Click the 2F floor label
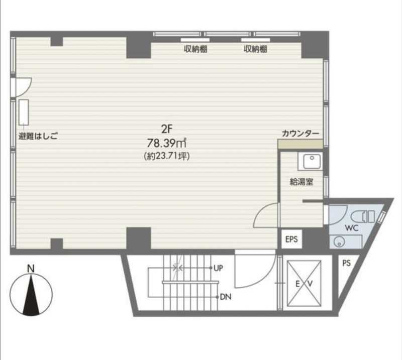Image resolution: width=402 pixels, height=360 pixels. (167, 130)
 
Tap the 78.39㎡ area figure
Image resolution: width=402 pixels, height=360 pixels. (167, 143)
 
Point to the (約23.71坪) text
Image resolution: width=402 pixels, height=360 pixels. (167, 156)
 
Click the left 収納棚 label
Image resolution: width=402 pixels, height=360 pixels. (195, 49)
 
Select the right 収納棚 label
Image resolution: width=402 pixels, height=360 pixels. (255, 49)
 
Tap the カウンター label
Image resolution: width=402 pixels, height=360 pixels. (300, 134)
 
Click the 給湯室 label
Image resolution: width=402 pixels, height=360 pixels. (301, 182)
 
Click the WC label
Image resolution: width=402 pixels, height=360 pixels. (351, 227)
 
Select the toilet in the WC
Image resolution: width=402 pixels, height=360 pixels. (363, 216)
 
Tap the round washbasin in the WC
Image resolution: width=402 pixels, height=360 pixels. (338, 242)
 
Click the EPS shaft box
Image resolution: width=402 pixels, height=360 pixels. (291, 239)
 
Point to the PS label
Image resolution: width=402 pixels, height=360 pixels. (346, 263)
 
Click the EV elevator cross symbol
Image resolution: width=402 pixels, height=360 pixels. (304, 283)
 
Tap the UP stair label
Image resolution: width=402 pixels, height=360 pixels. (218, 268)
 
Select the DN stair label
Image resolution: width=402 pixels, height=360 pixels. (226, 297)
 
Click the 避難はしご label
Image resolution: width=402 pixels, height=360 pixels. (38, 136)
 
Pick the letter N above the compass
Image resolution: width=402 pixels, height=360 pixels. (31, 269)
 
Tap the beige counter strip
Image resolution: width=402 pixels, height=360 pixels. (300, 144)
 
